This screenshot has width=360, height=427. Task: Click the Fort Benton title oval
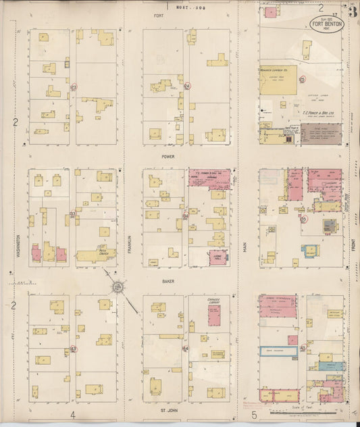click(x=327, y=24)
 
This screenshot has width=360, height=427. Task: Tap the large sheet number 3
click(x=353, y=9)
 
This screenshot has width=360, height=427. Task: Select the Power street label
click(x=168, y=156)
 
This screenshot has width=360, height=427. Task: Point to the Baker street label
click(x=168, y=280)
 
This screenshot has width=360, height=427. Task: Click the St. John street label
click(x=168, y=409)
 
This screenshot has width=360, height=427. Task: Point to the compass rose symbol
click(x=118, y=287)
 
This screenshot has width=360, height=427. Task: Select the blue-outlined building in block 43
click(x=278, y=350)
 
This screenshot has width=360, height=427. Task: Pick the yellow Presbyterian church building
click(x=95, y=255)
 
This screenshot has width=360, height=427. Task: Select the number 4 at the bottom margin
click(x=72, y=414)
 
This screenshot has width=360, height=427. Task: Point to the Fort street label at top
click(x=159, y=15)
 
